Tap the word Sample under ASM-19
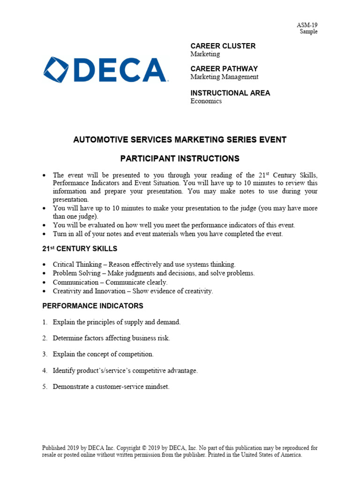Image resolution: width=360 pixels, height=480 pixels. (x=308, y=32)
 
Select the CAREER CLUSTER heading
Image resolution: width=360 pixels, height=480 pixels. (x=223, y=46)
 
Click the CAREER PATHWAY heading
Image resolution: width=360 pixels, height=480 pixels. (x=224, y=69)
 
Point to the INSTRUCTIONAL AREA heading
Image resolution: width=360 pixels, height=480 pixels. (x=230, y=93)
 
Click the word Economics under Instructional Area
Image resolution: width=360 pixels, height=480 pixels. (x=206, y=101)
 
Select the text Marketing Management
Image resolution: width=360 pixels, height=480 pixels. (x=224, y=77)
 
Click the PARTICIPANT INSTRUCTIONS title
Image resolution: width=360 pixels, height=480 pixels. (x=180, y=158)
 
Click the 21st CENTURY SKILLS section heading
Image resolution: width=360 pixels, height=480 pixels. (x=80, y=249)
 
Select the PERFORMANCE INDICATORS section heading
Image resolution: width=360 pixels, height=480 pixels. (x=93, y=306)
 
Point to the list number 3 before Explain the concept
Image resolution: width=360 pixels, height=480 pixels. (x=45, y=354)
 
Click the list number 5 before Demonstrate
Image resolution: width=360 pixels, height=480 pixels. (x=45, y=387)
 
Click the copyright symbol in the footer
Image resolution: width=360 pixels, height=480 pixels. (x=144, y=448)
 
